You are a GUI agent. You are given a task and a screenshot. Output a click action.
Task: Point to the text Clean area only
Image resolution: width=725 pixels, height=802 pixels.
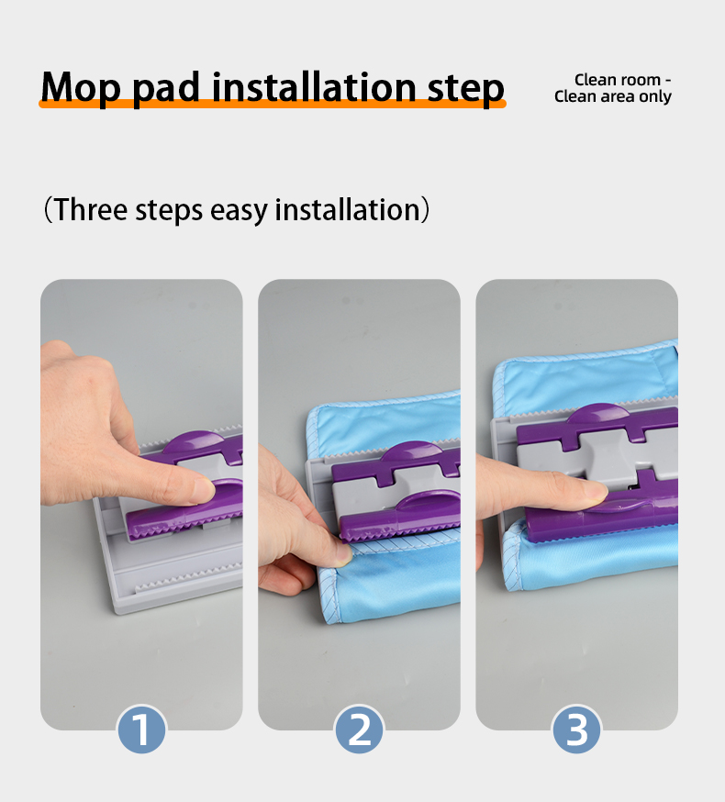(612, 97)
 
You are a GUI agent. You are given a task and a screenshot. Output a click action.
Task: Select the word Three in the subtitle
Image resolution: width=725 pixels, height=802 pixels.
(91, 209)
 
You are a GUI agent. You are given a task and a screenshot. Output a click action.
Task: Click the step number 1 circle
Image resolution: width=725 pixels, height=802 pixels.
(141, 730)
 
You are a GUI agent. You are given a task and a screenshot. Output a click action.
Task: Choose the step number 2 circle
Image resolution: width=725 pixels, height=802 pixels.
(359, 730)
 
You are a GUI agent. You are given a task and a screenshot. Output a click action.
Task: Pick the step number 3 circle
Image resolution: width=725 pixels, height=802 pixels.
(576, 730)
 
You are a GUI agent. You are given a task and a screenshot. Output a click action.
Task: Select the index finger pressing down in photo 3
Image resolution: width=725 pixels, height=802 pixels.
(551, 491)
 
